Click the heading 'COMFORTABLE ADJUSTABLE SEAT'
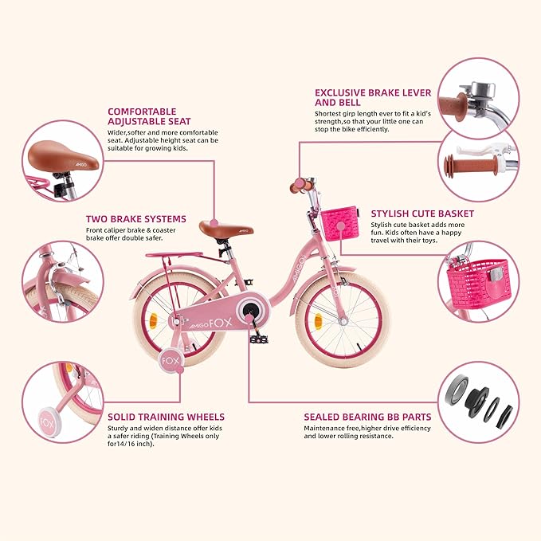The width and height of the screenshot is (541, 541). [x=141, y=117]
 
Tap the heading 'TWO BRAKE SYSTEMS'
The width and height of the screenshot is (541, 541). [x=136, y=218]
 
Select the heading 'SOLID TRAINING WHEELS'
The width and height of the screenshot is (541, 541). [x=166, y=417]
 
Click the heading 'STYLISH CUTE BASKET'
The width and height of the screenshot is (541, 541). [x=422, y=214]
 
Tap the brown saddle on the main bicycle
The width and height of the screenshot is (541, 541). [x=217, y=228]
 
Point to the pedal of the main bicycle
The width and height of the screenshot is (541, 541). [x=260, y=339]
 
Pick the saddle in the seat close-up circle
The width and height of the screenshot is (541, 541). [x=65, y=159]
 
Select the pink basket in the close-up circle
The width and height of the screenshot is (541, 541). [x=476, y=284]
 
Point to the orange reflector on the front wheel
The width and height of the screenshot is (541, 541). [x=319, y=320]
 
